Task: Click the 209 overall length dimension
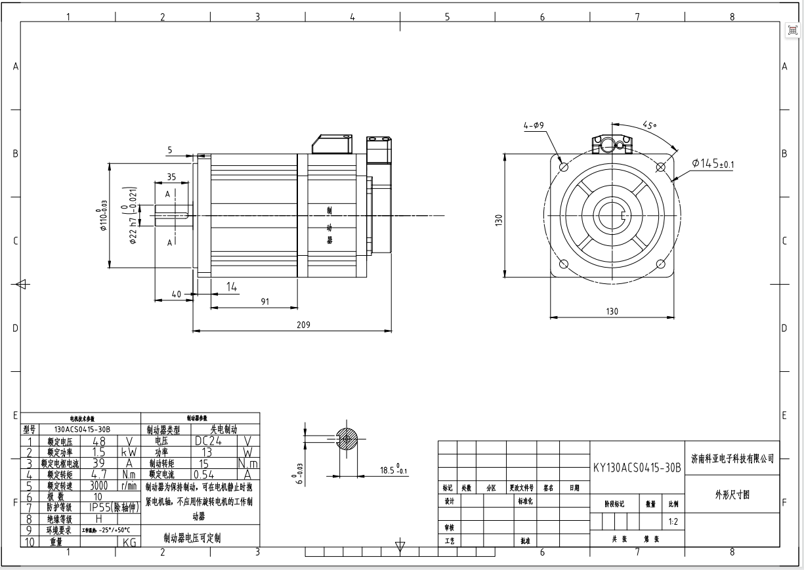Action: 302,325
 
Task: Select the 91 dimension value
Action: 264,301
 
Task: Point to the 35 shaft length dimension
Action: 171,177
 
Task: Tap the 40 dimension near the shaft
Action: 176,295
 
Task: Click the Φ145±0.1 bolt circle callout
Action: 712,163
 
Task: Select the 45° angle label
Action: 650,125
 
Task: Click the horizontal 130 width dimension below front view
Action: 611,312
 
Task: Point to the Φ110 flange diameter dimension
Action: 103,216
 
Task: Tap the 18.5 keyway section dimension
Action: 392,470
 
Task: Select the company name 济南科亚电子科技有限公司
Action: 732,458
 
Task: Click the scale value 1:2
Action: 672,522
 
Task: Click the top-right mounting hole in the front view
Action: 661,167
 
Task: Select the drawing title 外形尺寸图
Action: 732,495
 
